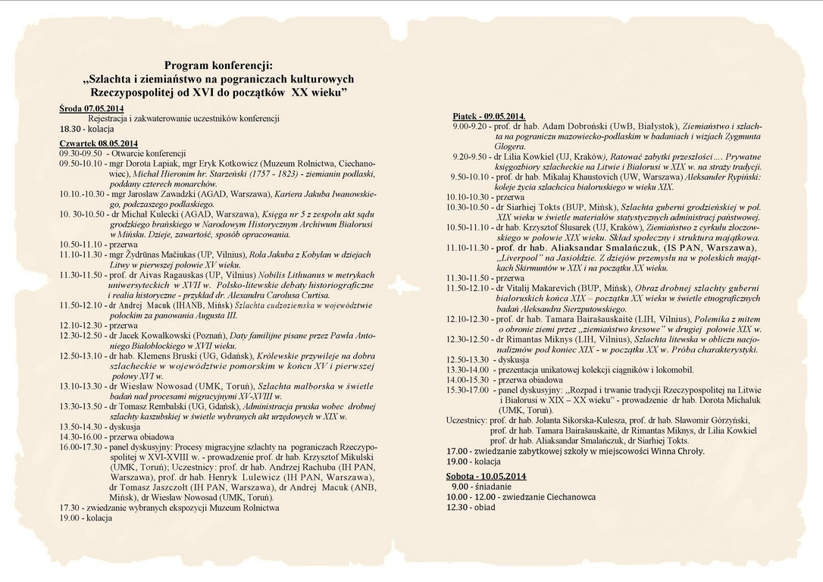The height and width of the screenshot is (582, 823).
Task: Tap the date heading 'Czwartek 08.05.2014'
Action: tap(99, 144)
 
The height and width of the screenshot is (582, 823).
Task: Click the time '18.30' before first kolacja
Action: tap(70, 129)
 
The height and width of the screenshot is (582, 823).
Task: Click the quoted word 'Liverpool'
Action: tap(524, 258)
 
